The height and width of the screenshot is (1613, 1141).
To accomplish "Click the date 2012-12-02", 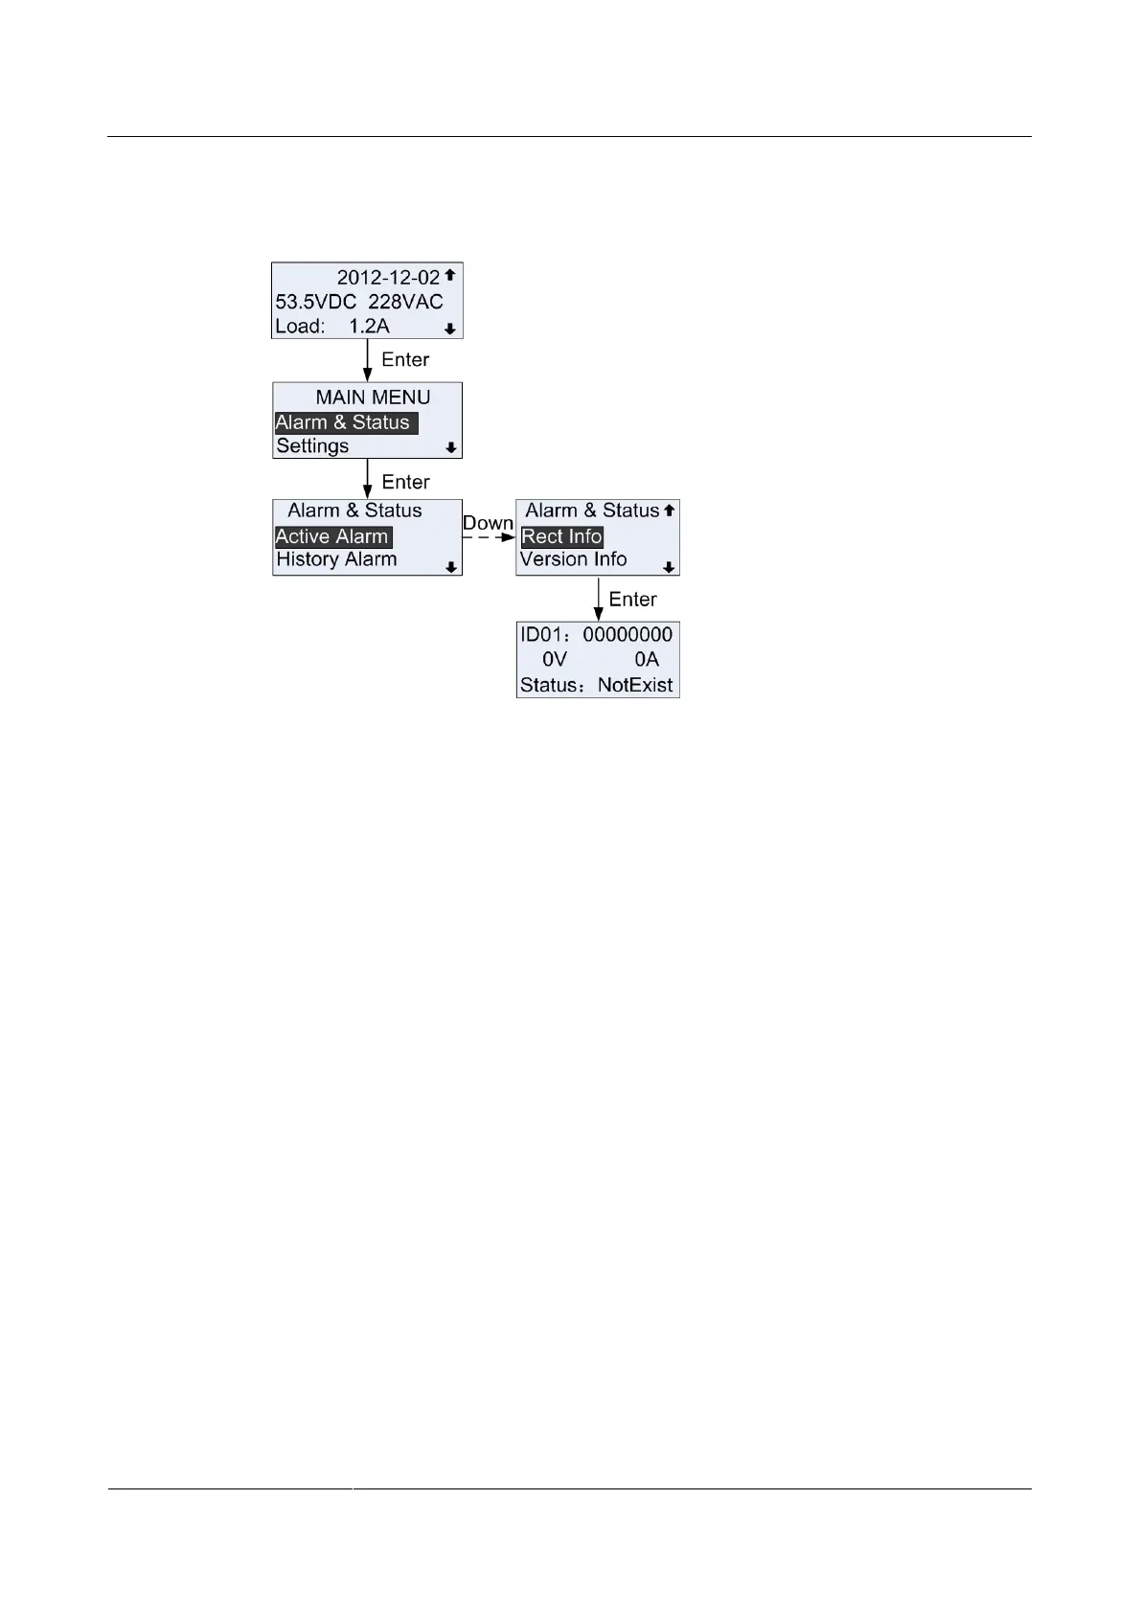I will [x=388, y=278].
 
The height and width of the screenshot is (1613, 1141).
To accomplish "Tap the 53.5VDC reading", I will [x=316, y=302].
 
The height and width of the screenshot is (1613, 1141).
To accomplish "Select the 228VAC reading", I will [x=406, y=302].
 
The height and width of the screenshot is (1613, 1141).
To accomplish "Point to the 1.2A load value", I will [x=369, y=327].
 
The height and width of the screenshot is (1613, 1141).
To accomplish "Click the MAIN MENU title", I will [x=373, y=398].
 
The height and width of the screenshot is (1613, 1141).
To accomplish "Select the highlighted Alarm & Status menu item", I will [x=343, y=422].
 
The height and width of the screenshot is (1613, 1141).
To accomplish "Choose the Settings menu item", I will [x=312, y=446].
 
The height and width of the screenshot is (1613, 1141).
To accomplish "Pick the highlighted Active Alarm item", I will [x=331, y=537].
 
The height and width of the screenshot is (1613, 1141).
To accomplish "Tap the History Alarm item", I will [x=336, y=559].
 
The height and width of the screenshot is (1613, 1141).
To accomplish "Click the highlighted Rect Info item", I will [x=561, y=537].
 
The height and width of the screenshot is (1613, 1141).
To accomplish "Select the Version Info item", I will [x=573, y=559].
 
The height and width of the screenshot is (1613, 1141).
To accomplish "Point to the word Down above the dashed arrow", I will [x=488, y=523].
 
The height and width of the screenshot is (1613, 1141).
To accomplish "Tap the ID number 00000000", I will [x=628, y=635].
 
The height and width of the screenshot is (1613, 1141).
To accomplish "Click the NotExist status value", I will [x=635, y=686].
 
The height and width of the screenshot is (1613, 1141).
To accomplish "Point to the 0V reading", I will [x=555, y=660].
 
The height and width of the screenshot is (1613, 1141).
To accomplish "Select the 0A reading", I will [x=647, y=660].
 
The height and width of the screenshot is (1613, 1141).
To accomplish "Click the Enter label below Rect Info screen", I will [x=632, y=600].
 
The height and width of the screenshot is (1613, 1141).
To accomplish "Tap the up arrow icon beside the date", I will [x=449, y=275].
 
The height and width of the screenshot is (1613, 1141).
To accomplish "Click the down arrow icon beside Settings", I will [x=450, y=447].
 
